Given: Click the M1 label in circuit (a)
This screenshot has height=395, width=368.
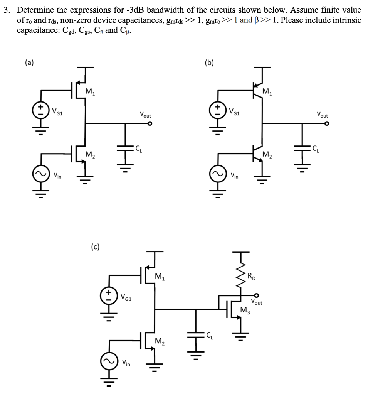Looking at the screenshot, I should [90, 92].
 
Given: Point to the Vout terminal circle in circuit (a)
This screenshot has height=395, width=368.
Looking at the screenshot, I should [150, 124].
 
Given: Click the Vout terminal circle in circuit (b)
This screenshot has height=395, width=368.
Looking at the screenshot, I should [327, 124].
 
